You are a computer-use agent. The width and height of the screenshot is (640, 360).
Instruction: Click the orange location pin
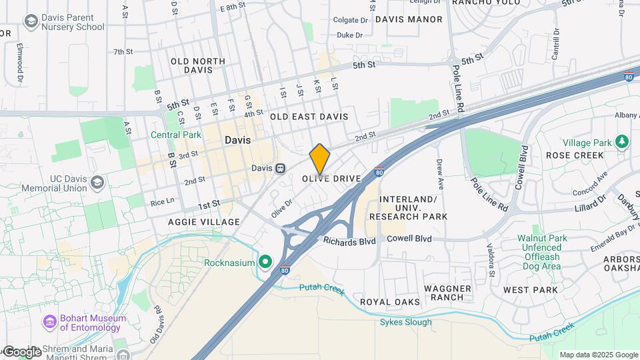pyautogui.click(x=320, y=159)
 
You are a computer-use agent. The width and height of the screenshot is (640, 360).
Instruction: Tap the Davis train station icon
pyautogui.click(x=281, y=168)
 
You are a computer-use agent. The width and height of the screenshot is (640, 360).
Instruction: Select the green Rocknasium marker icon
pyautogui.click(x=265, y=263)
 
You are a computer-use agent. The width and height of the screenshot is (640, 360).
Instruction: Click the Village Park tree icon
pyautogui.click(x=622, y=142)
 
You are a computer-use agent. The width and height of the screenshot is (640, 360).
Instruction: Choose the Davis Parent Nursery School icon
pyautogui.click(x=30, y=22)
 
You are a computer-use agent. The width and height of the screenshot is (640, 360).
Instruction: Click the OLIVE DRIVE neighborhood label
pyautogui.click(x=331, y=179)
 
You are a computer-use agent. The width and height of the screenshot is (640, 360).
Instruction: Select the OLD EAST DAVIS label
pyautogui.click(x=309, y=117)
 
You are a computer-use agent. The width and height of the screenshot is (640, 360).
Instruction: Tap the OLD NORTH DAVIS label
pyautogui.click(x=198, y=65)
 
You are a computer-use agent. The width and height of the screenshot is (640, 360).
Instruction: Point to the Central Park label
pyautogui.click(x=176, y=135)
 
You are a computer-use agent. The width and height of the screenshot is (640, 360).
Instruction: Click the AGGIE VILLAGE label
pyautogui.click(x=204, y=222)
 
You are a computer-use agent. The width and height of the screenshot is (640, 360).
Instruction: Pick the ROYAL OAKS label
pyautogui.click(x=390, y=302)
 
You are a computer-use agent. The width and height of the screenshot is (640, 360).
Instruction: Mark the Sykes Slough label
pyautogui.click(x=405, y=323)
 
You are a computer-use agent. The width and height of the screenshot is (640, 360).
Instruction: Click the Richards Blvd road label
pyautogui.click(x=350, y=240)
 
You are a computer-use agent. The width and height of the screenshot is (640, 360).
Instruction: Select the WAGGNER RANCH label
pyautogui.click(x=448, y=293)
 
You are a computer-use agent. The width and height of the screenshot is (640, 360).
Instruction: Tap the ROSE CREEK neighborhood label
pyautogui.click(x=575, y=155)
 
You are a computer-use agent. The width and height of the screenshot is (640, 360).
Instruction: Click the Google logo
pyautogui.click(x=21, y=352)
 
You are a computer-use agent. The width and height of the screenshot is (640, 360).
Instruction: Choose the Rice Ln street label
pyautogui.click(x=162, y=201)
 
